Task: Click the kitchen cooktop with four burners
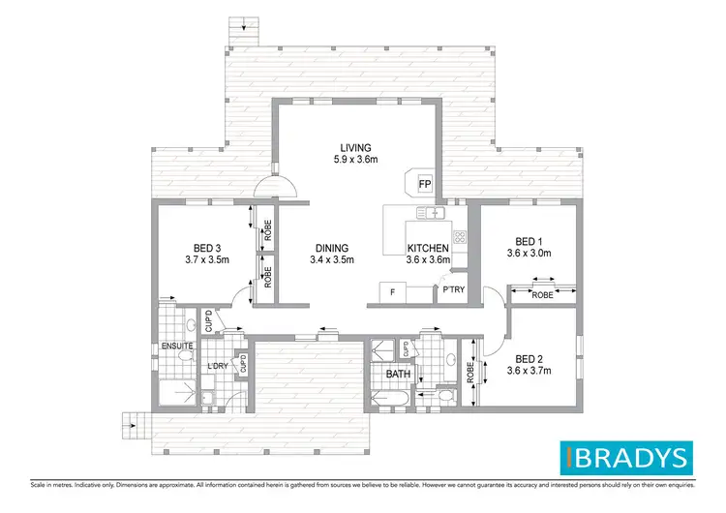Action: pyautogui.click(x=460, y=236)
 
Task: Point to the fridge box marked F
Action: pyautogui.click(x=392, y=291)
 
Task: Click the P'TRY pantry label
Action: pyautogui.click(x=453, y=289)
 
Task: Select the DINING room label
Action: pyautogui.click(x=331, y=248)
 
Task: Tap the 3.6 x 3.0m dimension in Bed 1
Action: pyautogui.click(x=528, y=254)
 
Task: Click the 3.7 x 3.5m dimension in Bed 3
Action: pyautogui.click(x=208, y=259)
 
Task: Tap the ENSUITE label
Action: pyautogui.click(x=177, y=346)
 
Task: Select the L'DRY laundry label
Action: pyautogui.click(x=218, y=365)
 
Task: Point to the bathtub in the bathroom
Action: pyautogui.click(x=392, y=399)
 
